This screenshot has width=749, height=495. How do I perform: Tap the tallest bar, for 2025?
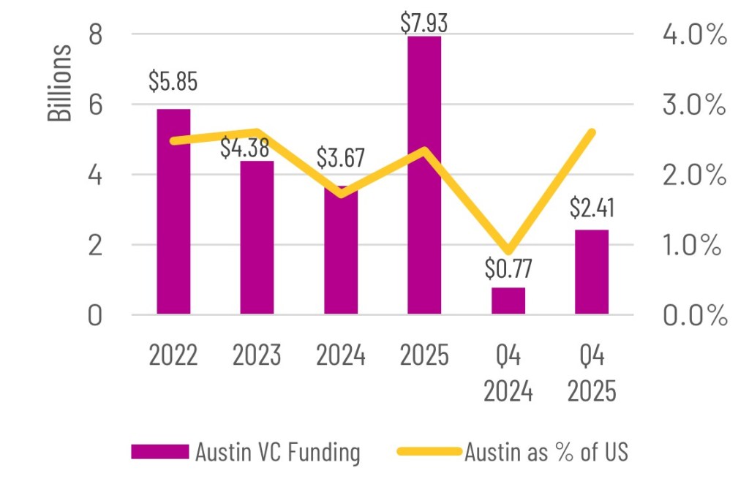(424, 175)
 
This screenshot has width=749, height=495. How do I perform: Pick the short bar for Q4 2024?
(508, 301)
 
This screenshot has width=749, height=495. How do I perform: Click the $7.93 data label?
(424, 22)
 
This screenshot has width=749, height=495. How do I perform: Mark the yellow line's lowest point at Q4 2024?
(509, 250)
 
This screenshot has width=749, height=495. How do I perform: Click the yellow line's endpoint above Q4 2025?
(592, 132)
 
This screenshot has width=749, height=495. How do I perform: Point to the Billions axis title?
(60, 83)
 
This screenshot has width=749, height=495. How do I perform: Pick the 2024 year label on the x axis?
(341, 356)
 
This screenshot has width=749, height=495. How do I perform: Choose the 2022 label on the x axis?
(173, 356)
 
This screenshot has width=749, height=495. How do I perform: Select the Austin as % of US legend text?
(546, 452)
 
